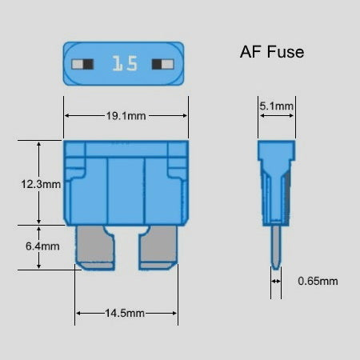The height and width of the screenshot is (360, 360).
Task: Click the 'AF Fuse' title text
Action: click(272, 52)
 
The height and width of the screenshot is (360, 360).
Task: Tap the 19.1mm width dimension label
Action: click(126, 116)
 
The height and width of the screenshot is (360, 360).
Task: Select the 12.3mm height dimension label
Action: click(41, 184)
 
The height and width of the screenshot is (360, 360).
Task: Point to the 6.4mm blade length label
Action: click(42, 246)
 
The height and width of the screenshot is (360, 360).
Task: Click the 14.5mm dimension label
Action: click(125, 313)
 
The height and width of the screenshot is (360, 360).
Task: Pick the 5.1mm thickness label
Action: click(277, 106)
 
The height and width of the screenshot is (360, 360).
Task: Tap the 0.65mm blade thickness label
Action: click(318, 281)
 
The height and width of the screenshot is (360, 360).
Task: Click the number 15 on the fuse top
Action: click(125, 64)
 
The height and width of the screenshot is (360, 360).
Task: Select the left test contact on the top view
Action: click(82, 64)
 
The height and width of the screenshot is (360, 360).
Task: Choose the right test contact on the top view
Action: click(162, 64)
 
